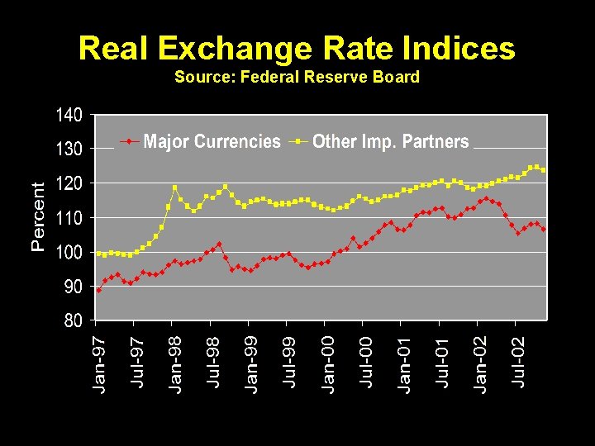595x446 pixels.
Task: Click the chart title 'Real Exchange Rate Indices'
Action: tap(297, 48)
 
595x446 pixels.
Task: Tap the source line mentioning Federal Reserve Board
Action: tap(297, 77)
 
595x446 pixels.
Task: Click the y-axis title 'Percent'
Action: tap(38, 216)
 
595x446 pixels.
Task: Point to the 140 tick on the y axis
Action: tap(69, 115)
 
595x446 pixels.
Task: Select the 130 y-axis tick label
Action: tap(69, 149)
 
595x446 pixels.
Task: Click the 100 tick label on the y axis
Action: tap(69, 252)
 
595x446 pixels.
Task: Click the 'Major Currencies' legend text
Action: tap(212, 142)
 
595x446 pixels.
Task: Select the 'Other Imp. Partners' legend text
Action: tap(390, 142)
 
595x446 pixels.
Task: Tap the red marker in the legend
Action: tap(128, 142)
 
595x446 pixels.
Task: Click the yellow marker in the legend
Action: tap(297, 142)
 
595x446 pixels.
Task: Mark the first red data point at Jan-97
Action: tap(99, 290)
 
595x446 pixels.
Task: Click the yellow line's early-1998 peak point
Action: tap(174, 187)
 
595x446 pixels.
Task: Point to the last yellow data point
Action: tap(543, 170)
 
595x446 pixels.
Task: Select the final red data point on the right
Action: tap(543, 229)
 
